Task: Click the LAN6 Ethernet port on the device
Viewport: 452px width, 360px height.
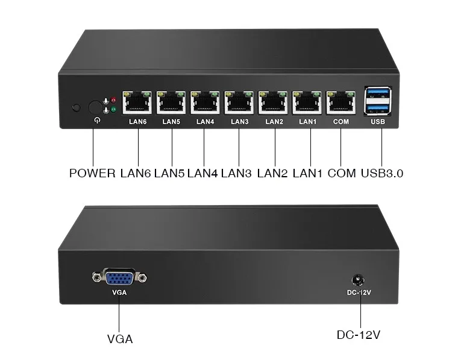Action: coord(137,103)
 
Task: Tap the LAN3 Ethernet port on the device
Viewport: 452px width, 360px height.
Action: coord(239,103)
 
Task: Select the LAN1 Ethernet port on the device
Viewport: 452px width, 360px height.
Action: coord(307,103)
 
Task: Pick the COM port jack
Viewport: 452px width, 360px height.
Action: coord(341,103)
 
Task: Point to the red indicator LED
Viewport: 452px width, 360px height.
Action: coord(113,100)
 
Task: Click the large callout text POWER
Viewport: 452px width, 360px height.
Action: coord(92,174)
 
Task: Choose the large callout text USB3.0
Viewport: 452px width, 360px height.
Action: coord(381,174)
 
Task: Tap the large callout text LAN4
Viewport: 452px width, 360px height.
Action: coord(202,174)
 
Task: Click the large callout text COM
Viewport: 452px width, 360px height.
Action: coord(341,174)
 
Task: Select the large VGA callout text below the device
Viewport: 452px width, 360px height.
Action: coord(119,339)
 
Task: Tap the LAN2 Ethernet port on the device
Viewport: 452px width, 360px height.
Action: coord(274,103)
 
